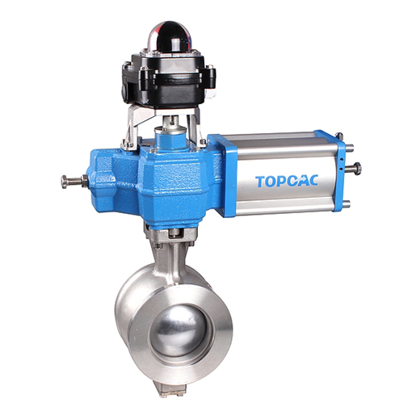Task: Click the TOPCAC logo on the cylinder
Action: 287,181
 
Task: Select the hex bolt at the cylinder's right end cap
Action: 353,169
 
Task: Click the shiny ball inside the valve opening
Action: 179,329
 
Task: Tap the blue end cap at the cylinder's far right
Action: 339,171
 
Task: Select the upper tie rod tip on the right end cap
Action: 350,148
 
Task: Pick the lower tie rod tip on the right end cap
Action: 347,203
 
